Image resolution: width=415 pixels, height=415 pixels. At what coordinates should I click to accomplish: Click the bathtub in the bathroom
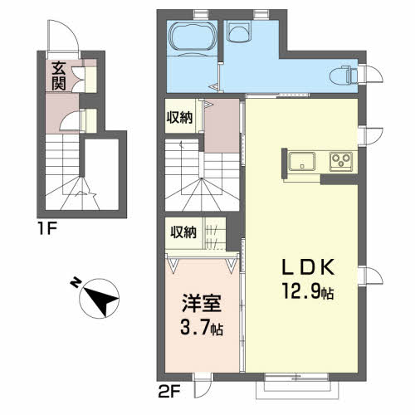pos(193,37)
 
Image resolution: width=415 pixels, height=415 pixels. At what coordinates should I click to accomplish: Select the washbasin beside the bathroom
pos(239,32)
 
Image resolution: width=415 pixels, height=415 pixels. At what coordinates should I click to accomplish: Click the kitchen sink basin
pos(302,161)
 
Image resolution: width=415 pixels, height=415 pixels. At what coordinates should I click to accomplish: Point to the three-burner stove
pos(341,161)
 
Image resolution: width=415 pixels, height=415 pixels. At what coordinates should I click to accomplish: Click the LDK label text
pos(308,267)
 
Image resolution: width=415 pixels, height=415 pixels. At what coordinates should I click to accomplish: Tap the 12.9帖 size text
pos(308,291)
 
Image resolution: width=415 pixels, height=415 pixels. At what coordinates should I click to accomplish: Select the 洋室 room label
pos(202,304)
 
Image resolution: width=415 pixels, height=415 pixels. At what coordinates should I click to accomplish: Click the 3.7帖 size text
pos(202,328)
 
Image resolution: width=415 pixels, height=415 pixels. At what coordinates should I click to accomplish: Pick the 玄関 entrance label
pos(59,76)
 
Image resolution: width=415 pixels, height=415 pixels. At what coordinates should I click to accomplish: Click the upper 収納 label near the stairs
pos(179,118)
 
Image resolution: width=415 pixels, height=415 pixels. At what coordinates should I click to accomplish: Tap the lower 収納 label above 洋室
pos(183,232)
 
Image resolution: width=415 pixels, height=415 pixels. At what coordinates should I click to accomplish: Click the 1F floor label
pos(47,229)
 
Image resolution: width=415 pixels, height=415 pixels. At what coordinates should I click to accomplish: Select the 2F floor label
pos(169,392)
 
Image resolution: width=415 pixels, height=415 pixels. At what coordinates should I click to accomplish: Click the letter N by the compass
pos(76,283)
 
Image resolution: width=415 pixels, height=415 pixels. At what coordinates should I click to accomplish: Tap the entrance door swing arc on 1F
pos(72,32)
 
